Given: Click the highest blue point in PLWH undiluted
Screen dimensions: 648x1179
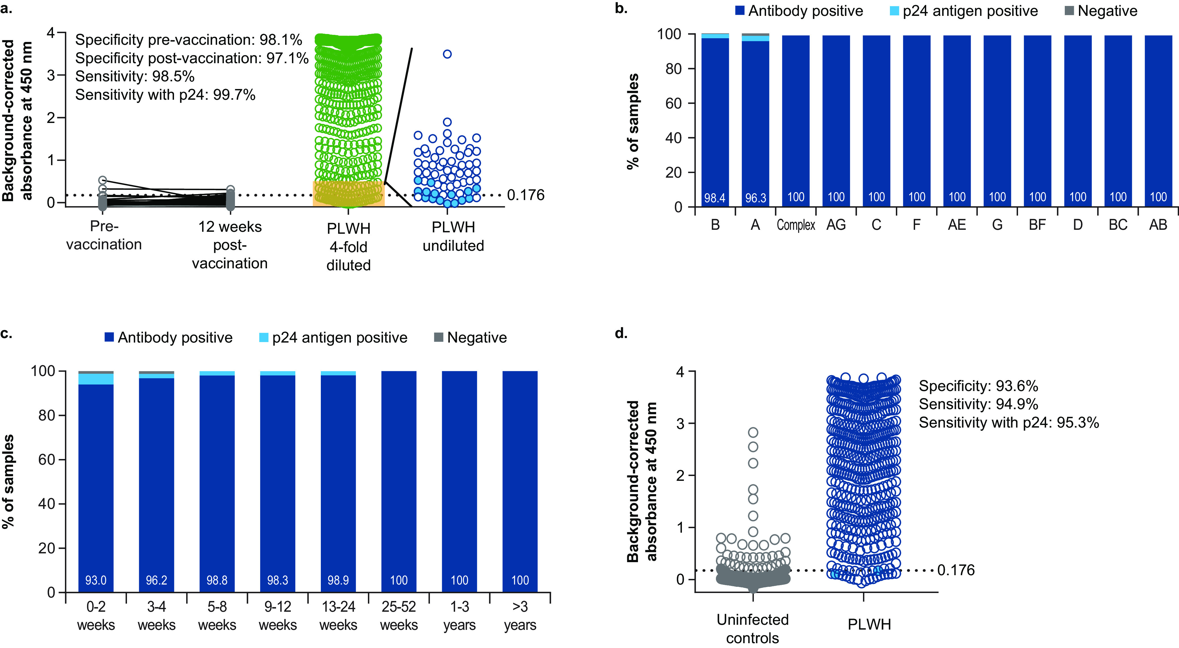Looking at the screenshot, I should click(447, 54).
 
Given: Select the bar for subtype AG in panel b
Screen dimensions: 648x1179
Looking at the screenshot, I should click(836, 119).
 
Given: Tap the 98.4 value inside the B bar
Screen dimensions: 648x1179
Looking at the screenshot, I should click(714, 198).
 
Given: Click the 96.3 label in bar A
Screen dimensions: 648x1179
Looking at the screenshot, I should click(755, 198).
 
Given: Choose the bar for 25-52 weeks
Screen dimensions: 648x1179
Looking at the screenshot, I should click(399, 481).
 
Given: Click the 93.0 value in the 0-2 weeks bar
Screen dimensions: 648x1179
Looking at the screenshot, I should click(96, 580).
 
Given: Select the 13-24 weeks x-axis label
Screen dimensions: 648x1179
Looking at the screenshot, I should click(338, 615).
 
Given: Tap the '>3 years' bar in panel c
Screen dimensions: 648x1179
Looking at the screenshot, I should click(520, 481).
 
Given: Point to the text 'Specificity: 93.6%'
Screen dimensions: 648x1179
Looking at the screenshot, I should click(978, 386).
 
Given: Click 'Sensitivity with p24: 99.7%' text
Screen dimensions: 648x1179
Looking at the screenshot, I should click(165, 95).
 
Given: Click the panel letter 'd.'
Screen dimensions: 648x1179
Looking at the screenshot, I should click(621, 333).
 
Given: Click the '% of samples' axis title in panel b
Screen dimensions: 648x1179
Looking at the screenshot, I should click(633, 121).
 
